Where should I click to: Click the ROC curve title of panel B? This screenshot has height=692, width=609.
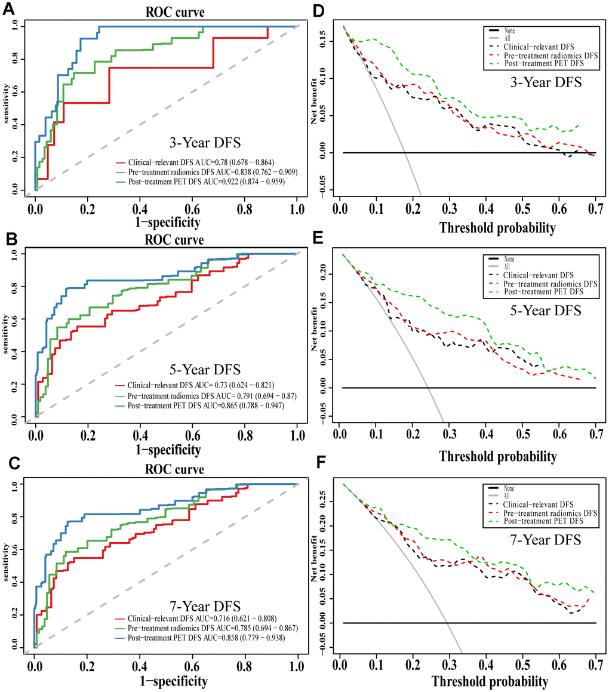(179, 241)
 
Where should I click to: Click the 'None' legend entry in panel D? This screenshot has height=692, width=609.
(509, 29)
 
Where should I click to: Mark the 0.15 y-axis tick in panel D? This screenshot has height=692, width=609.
(324, 42)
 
